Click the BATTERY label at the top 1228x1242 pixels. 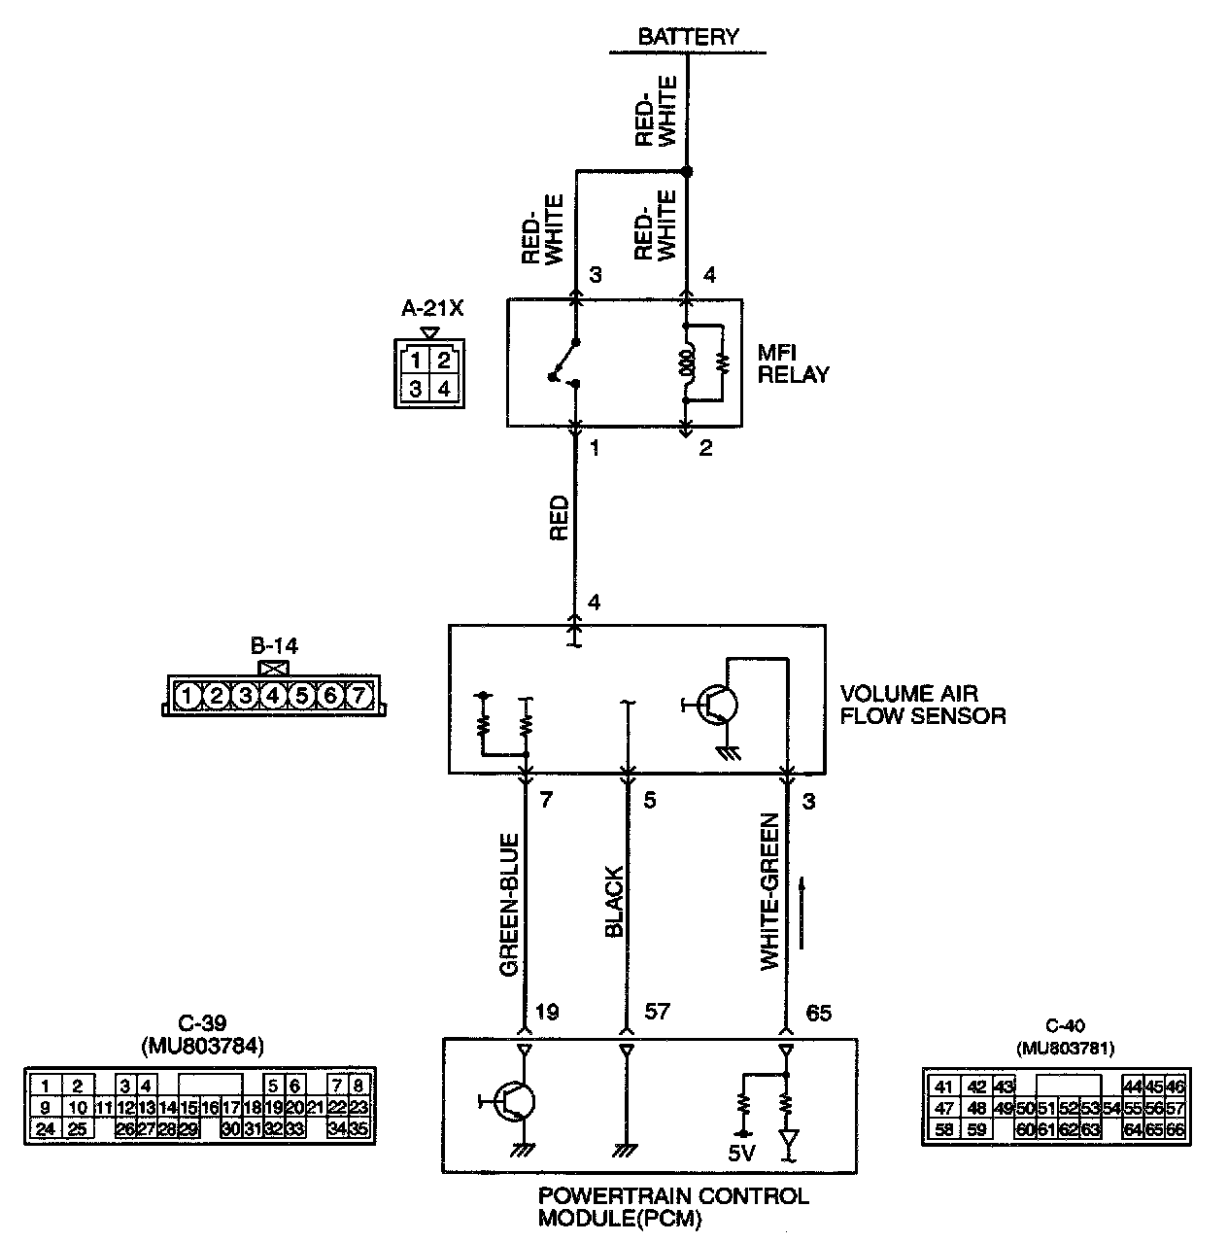688,37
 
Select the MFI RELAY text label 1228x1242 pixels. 794,363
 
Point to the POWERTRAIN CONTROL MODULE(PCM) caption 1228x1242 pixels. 673,1207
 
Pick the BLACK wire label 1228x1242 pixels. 614,903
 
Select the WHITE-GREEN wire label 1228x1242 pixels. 769,891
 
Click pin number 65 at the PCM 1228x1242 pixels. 819,1013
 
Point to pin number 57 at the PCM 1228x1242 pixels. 657,1013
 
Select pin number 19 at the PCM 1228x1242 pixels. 547,1013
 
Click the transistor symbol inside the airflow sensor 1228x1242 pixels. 717,705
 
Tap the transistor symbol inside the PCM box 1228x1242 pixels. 513,1101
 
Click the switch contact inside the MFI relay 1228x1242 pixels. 564,364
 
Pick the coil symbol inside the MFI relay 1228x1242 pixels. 686,363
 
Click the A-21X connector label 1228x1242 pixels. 433,309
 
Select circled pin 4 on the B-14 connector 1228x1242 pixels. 273,696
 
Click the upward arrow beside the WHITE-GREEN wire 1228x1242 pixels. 802,912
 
